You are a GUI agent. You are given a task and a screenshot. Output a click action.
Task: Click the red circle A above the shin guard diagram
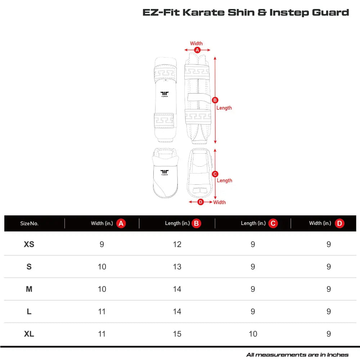(x=197, y=50)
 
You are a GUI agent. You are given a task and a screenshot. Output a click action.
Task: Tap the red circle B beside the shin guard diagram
(x=215, y=100)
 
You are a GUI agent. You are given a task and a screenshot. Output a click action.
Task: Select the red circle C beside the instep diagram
(x=215, y=174)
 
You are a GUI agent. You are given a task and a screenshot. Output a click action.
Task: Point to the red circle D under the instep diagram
(x=201, y=202)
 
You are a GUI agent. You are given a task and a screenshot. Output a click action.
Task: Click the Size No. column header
(x=29, y=224)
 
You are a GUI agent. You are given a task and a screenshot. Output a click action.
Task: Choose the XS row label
(x=29, y=244)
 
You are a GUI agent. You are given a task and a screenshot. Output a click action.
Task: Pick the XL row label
(x=29, y=334)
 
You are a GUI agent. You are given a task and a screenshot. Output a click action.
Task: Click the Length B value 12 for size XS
(x=177, y=244)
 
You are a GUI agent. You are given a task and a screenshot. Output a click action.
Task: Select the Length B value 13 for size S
(x=177, y=267)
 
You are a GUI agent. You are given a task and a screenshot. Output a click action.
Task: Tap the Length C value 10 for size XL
(x=253, y=334)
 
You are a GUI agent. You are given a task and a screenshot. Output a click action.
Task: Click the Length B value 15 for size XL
(x=177, y=334)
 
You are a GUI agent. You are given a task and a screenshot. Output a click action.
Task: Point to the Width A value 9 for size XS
(x=102, y=244)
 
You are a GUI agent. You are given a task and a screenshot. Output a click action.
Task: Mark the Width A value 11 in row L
(x=102, y=312)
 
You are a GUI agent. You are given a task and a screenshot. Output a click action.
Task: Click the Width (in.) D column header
(x=326, y=224)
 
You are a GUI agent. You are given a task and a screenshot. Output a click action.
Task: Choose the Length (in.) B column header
(x=183, y=224)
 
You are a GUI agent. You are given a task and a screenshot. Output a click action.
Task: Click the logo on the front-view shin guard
(x=165, y=94)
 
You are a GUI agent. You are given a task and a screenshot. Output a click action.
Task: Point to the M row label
(x=29, y=289)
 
